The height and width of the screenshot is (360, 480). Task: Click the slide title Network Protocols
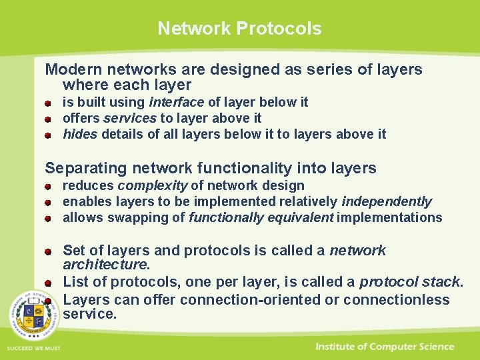point(239,29)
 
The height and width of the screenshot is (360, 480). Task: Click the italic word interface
point(177,102)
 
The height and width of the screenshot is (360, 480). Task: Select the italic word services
point(131,118)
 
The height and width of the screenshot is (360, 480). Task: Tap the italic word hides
point(79,134)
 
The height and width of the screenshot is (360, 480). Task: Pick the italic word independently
point(387,201)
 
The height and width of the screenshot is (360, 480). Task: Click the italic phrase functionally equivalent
point(261,217)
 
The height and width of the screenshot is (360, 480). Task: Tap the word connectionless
point(397,299)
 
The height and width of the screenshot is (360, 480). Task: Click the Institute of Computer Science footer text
point(385,347)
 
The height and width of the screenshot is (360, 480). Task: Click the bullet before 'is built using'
point(49,103)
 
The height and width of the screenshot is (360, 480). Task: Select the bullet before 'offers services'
point(49,119)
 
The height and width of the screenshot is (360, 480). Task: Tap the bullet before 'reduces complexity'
point(49,187)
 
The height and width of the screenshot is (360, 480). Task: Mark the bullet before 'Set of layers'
point(49,252)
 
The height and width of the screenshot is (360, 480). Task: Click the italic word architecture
point(105,265)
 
